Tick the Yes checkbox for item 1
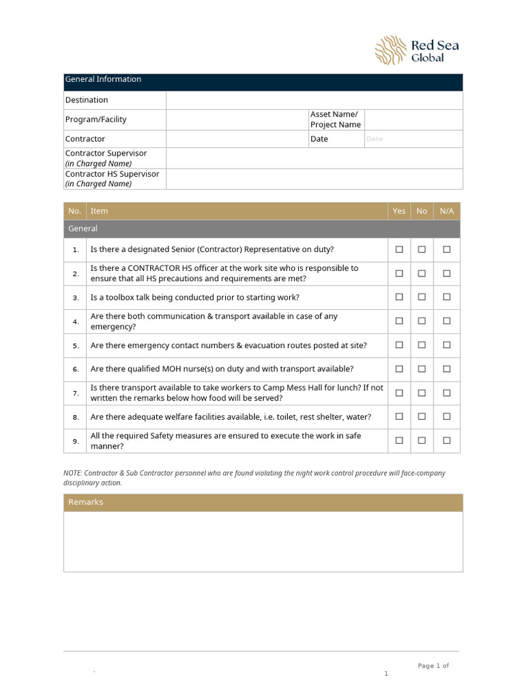coord(399,250)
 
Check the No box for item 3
coord(422,297)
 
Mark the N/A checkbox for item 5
coord(446,345)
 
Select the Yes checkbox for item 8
coord(399,416)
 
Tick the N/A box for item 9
coord(446,440)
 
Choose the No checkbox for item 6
coord(422,369)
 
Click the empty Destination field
coord(314,100)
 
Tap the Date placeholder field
coord(413,139)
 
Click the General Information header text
coord(103,79)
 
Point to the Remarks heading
coord(85,502)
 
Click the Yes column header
coord(399,211)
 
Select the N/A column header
coord(446,211)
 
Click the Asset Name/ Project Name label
coord(335,119)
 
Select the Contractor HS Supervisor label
coord(112,174)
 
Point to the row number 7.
coord(76,393)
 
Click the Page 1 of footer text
coord(433,666)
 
